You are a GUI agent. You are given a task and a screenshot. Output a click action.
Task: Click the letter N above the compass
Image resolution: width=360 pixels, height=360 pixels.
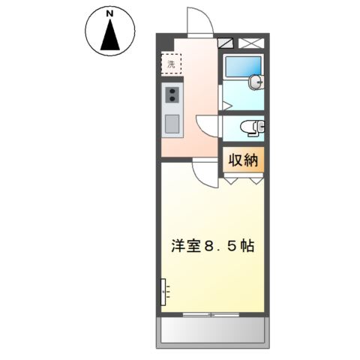(109, 13)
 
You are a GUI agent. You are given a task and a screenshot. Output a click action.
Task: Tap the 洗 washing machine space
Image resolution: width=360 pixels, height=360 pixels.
(172, 64)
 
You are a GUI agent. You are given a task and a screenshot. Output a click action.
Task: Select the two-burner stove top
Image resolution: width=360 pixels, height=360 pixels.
(172, 94)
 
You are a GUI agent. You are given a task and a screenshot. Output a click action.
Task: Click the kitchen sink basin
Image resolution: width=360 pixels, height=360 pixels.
(172, 124)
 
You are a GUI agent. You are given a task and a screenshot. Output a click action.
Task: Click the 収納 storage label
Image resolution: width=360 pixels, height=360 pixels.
(243, 160)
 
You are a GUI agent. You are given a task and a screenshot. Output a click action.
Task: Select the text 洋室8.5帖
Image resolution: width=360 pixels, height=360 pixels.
(211, 247)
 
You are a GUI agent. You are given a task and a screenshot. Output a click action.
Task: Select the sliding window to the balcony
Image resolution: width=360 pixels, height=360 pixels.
(213, 313)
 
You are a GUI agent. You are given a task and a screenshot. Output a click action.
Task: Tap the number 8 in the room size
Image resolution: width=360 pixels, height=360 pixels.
(211, 247)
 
